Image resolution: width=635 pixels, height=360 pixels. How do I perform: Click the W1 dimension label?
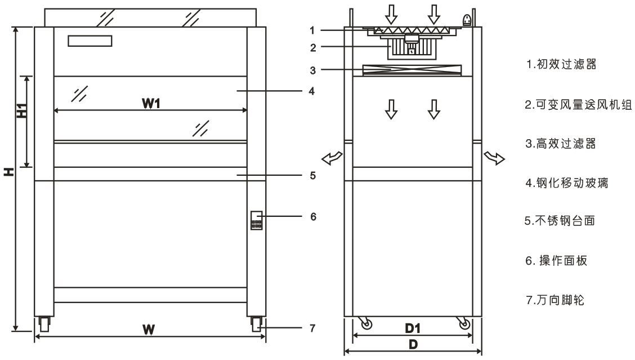pyautogui.click(x=150, y=103)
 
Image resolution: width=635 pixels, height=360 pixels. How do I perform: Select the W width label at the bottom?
pyautogui.click(x=149, y=329)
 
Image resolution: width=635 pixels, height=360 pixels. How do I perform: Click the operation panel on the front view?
pyautogui.click(x=257, y=220)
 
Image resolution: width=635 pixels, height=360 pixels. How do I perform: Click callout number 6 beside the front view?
pyautogui.click(x=314, y=216)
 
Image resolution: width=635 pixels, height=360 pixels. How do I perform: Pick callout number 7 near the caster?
pyautogui.click(x=314, y=327)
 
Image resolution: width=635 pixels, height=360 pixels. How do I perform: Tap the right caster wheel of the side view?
pyautogui.click(x=464, y=324)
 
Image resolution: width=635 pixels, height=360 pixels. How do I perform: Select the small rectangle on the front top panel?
pyautogui.click(x=90, y=41)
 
